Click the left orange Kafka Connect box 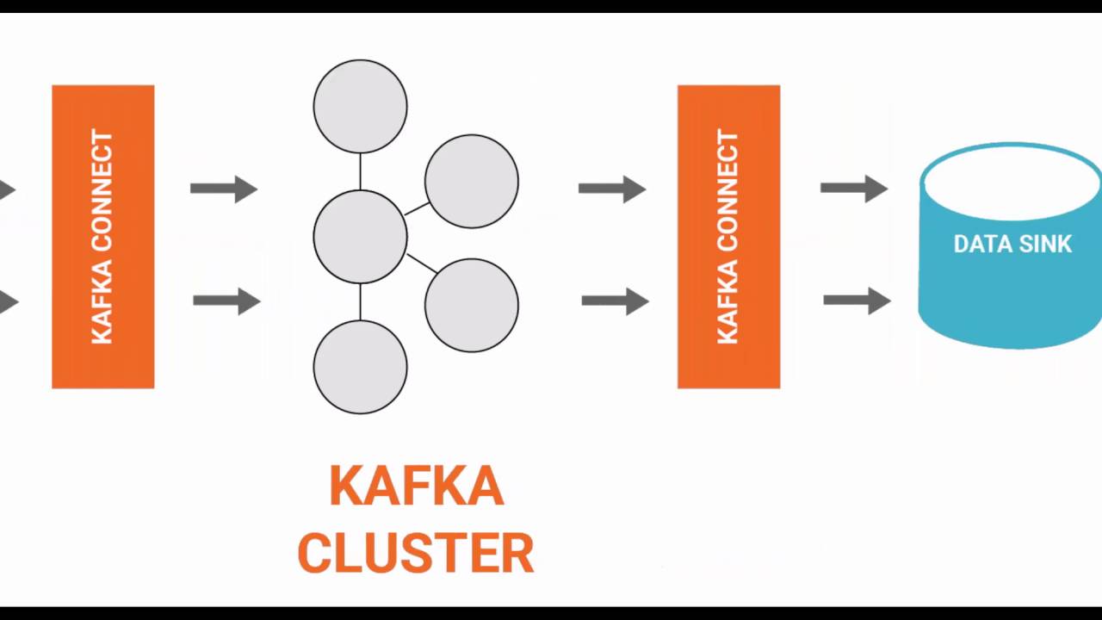[x=102, y=237]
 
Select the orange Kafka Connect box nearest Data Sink [x=728, y=237]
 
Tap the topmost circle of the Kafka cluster [x=360, y=106]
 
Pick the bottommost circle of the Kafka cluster [x=360, y=367]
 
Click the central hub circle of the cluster [x=360, y=237]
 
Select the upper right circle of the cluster [x=471, y=181]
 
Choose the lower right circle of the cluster [x=471, y=305]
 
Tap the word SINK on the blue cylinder [x=1043, y=245]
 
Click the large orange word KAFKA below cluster [x=416, y=487]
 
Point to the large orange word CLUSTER [x=416, y=553]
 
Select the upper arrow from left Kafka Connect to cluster [x=224, y=189]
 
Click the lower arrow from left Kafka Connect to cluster [x=226, y=301]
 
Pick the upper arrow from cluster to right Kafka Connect [x=612, y=189]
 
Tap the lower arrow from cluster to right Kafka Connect [x=615, y=301]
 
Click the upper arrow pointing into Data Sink [x=854, y=188]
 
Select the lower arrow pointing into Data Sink [x=857, y=300]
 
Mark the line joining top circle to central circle [x=360, y=171]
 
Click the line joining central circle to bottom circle [x=360, y=301]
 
